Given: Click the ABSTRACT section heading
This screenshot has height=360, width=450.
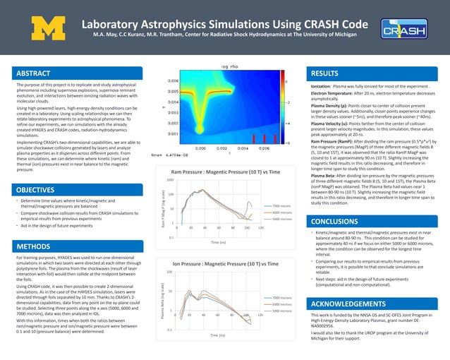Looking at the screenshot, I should click(35, 73).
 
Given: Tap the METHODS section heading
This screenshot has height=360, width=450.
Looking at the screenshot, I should click(34, 247).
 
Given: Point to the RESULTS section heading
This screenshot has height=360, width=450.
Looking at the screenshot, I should click(325, 73).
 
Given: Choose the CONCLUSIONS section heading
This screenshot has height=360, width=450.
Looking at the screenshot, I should click(334, 221).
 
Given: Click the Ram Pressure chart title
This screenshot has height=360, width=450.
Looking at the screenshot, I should click(220, 172).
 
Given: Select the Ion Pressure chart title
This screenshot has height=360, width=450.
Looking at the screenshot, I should click(220, 263).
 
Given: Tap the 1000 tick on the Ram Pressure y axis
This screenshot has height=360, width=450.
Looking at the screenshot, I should click(169, 181).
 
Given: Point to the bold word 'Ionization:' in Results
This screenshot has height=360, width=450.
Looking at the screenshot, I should click(321, 85).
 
